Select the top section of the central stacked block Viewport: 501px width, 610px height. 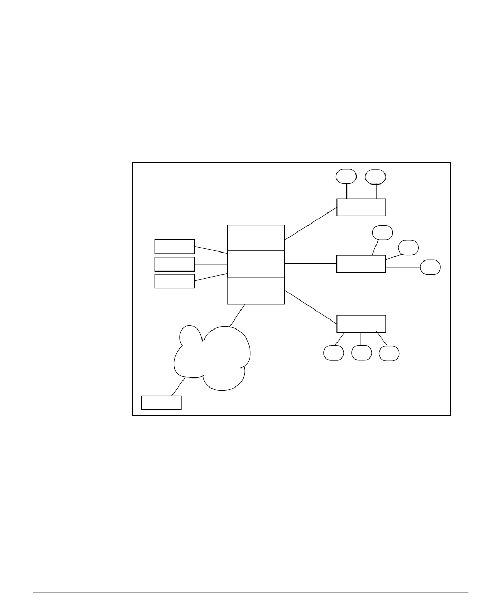tap(256, 238)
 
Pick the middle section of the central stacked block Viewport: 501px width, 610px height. tap(256, 264)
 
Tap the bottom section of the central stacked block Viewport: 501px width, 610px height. tap(256, 291)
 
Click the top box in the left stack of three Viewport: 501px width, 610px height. tap(174, 246)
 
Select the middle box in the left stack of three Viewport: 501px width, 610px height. tap(174, 264)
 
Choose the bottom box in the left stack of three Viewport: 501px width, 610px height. tap(174, 281)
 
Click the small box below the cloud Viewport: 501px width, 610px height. tap(161, 402)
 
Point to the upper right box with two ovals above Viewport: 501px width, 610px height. tap(361, 207)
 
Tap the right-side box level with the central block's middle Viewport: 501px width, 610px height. tap(361, 264)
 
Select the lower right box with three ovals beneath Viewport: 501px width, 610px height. tap(361, 323)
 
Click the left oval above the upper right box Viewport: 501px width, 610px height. tap(346, 176)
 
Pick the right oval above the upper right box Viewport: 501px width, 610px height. tap(376, 176)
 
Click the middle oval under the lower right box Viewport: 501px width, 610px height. tap(361, 353)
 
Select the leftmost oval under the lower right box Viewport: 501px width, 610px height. tap(333, 353)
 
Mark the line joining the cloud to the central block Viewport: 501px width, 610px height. tap(237, 315)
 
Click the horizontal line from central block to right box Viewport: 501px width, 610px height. tap(311, 264)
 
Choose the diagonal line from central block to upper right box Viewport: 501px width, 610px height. tap(311, 224)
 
